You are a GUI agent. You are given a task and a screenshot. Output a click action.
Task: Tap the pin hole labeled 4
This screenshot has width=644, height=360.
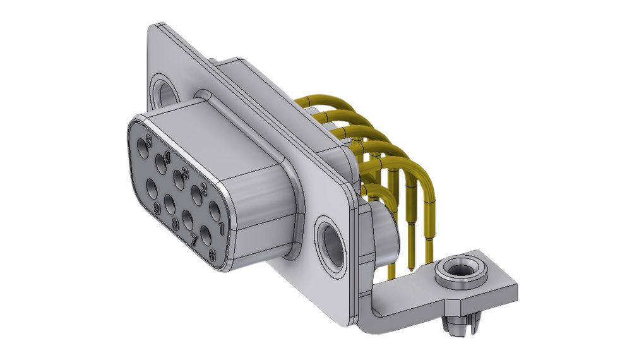(x=159, y=167)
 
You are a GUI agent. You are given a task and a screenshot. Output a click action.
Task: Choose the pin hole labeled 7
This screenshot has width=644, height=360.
(x=188, y=220)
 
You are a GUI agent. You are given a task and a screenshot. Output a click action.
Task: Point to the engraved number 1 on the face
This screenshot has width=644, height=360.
(x=221, y=226)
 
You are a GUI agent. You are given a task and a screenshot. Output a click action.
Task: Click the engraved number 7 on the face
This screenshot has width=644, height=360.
(x=194, y=239)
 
